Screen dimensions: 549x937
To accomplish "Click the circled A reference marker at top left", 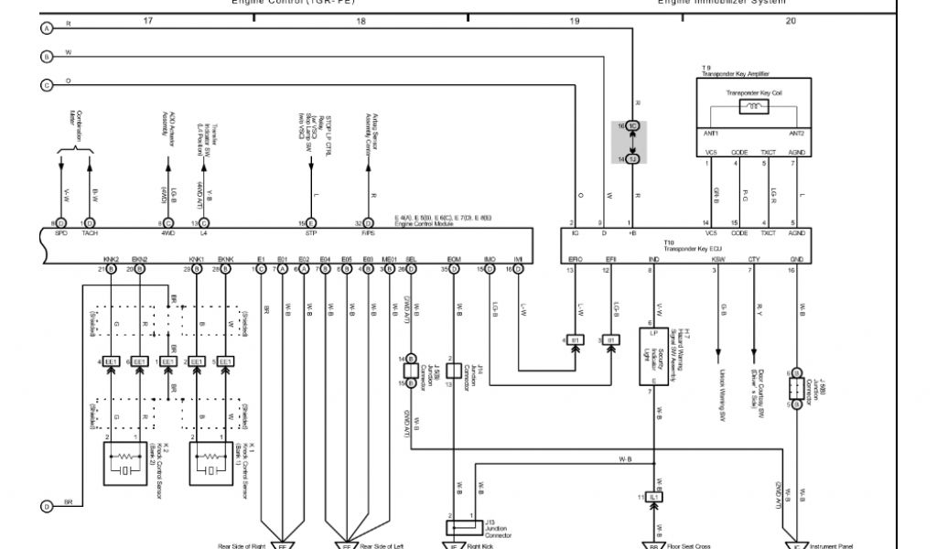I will [x=46, y=28].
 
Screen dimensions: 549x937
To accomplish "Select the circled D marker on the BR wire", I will [x=46, y=506].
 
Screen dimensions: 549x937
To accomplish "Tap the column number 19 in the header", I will [x=574, y=19].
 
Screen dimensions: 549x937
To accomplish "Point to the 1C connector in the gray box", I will [x=631, y=126].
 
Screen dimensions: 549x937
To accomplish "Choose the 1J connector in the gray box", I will [x=631, y=158].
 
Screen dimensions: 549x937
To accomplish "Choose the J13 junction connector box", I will [x=465, y=527].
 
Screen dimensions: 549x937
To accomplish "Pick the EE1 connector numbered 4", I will [x=111, y=361].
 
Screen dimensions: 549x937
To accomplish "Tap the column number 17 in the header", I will [x=147, y=19].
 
